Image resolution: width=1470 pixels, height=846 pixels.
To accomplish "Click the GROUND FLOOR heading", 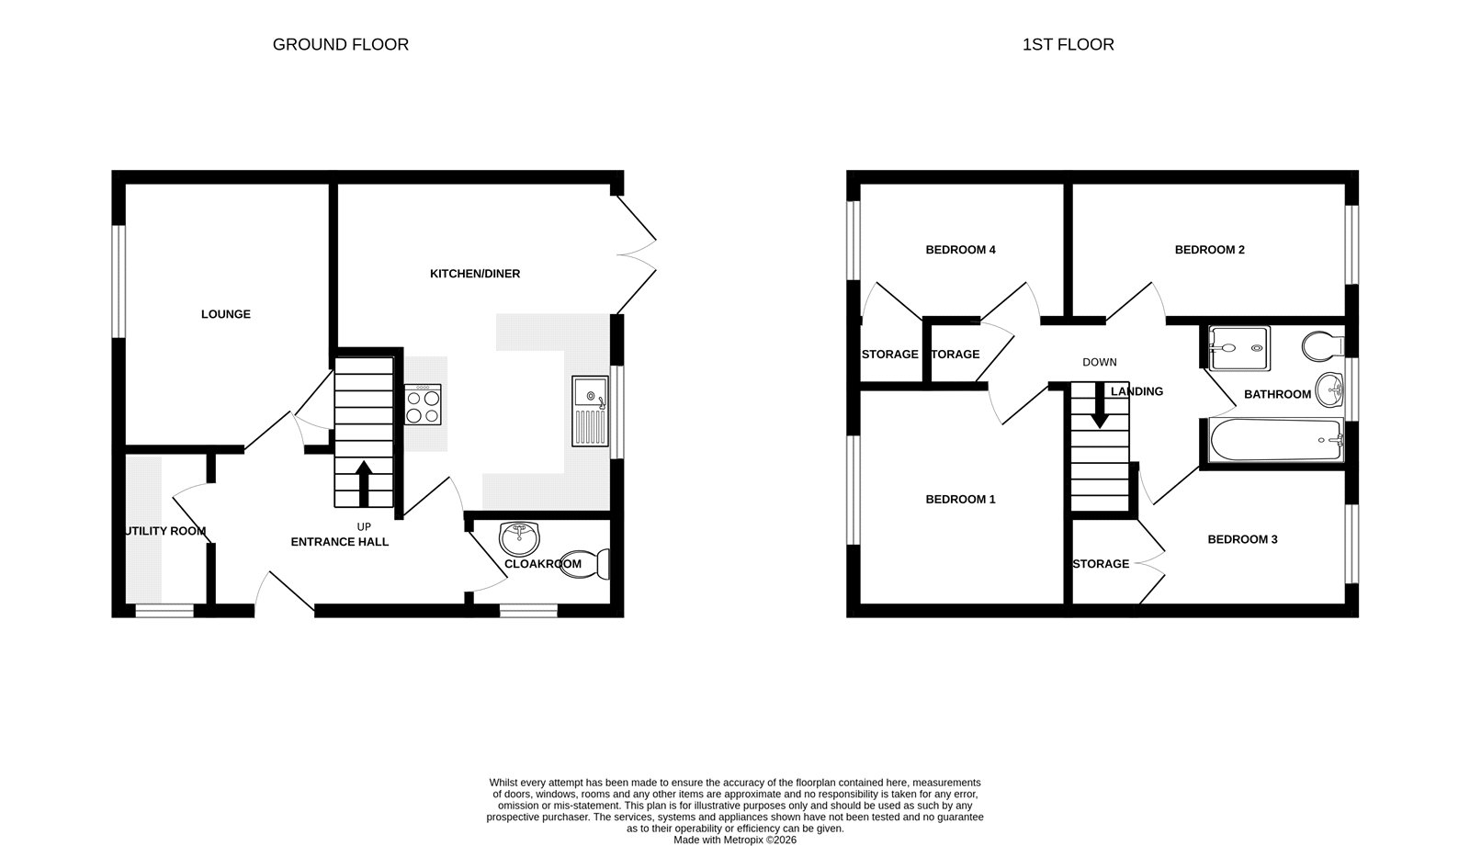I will click(340, 44).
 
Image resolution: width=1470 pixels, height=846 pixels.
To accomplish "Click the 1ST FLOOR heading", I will click(1068, 44).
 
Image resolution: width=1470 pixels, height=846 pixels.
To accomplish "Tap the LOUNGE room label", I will click(225, 314).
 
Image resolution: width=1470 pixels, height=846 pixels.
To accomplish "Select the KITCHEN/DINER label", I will click(475, 274).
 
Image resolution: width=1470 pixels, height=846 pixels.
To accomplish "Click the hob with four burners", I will click(423, 404).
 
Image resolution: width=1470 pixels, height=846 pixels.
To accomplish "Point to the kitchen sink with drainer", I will click(589, 411).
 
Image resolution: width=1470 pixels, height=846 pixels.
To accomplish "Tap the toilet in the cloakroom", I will click(602, 564).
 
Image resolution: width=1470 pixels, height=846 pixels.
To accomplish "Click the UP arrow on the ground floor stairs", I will click(364, 483).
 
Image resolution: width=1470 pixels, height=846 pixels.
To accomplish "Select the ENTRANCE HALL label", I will click(339, 542).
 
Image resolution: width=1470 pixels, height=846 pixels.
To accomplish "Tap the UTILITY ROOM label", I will click(165, 531).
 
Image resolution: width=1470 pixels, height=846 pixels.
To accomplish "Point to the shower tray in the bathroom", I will click(1238, 348).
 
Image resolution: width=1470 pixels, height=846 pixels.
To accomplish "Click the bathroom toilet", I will click(1322, 346).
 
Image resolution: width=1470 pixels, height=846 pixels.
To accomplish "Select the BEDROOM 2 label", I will click(1209, 250).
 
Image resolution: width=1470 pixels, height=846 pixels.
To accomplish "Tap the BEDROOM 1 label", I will click(960, 500).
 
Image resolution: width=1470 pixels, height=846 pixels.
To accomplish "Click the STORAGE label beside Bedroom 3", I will click(1101, 564).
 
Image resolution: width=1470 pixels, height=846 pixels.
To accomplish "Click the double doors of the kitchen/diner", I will click(636, 248).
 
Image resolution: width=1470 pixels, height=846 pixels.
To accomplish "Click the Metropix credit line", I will click(734, 840).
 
